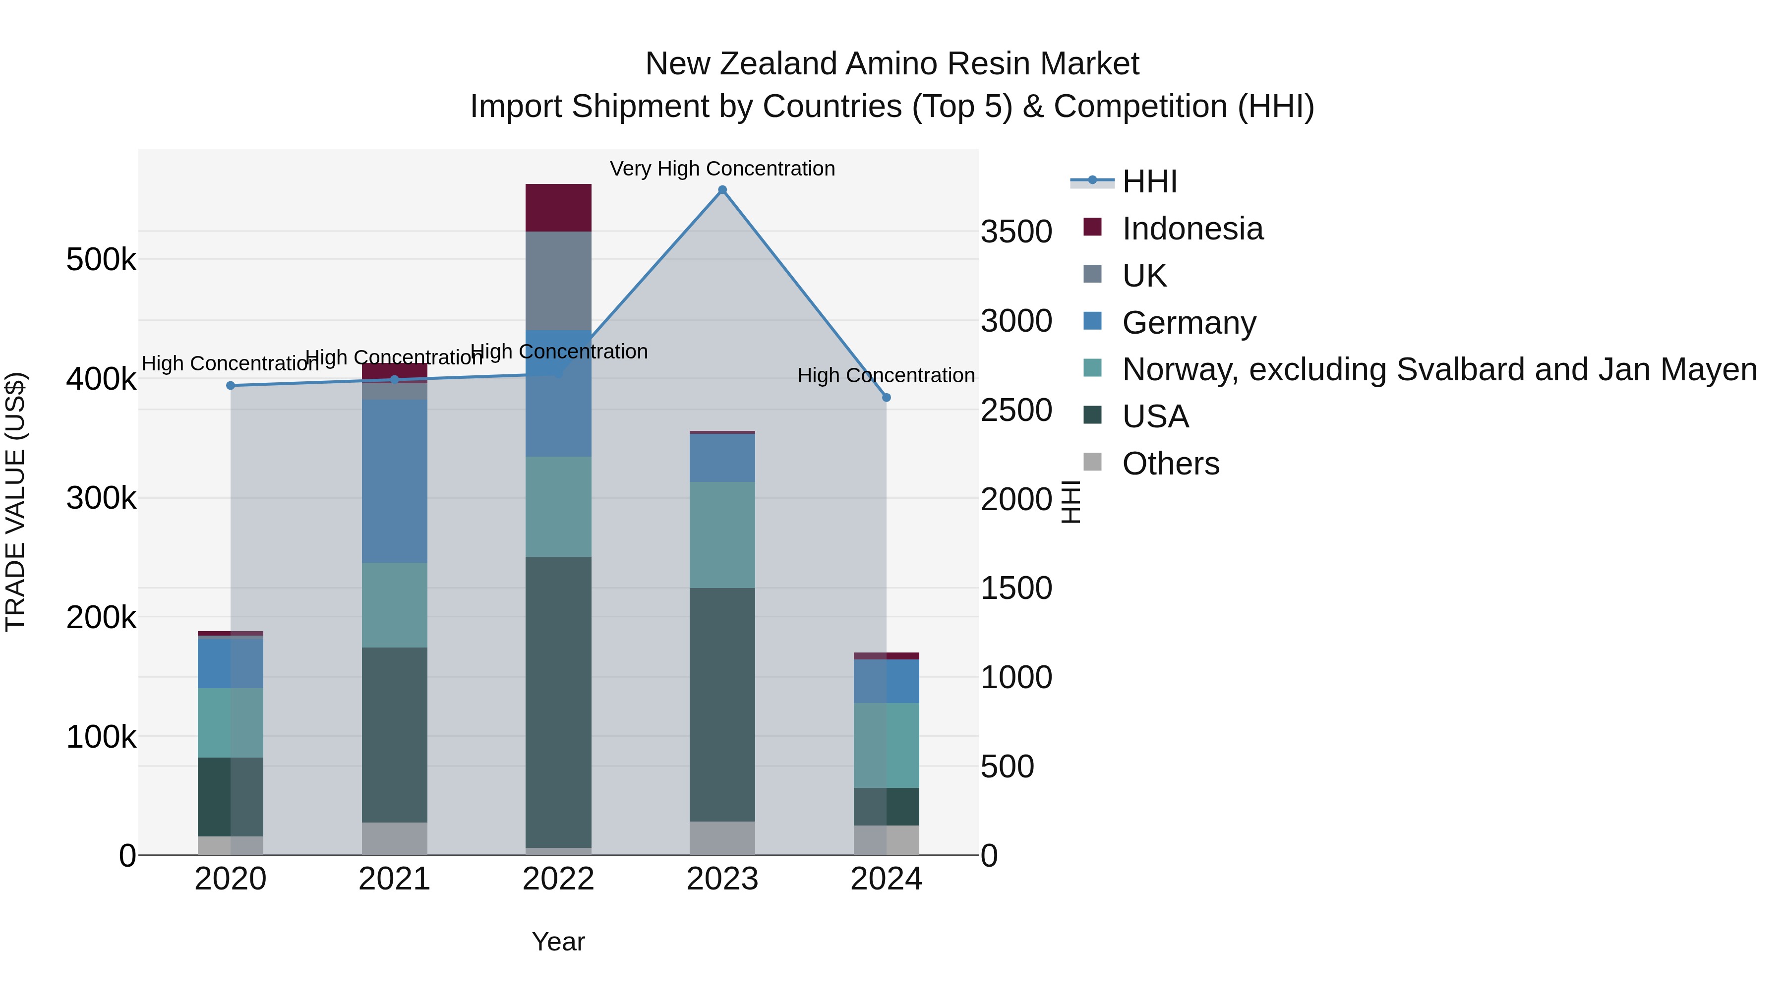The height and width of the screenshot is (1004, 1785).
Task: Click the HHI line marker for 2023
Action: [x=722, y=190]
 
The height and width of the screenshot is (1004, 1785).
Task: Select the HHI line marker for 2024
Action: [x=886, y=398]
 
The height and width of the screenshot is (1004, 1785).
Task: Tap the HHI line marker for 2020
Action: [x=231, y=386]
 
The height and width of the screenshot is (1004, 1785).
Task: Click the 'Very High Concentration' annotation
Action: [x=722, y=169]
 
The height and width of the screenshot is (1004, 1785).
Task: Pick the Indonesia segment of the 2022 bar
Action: [x=558, y=207]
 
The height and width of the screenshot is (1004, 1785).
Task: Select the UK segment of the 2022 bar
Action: [x=558, y=281]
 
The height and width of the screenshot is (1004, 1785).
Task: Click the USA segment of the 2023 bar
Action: [x=722, y=704]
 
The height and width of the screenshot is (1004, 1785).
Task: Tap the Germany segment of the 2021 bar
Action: [x=394, y=481]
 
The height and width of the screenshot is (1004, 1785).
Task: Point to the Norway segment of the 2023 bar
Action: [x=722, y=535]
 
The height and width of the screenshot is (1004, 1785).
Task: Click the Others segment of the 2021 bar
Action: [x=394, y=838]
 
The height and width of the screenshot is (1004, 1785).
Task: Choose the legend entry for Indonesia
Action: [x=1192, y=229]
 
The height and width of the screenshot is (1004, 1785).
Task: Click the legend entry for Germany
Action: [x=1189, y=323]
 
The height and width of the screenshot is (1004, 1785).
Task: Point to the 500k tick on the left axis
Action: [x=101, y=260]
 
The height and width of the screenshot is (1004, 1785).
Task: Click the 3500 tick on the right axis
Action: [x=1016, y=232]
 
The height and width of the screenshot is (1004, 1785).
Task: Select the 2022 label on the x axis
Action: [x=558, y=879]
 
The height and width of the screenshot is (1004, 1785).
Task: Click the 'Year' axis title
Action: [x=558, y=942]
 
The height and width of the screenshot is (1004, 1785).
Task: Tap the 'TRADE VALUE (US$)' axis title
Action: [x=15, y=502]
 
